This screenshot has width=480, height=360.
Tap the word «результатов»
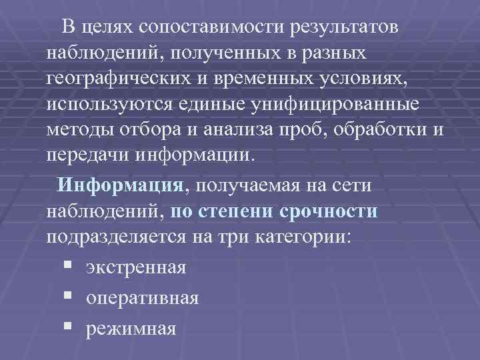point(344,27)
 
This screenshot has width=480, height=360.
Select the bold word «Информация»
point(121,185)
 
